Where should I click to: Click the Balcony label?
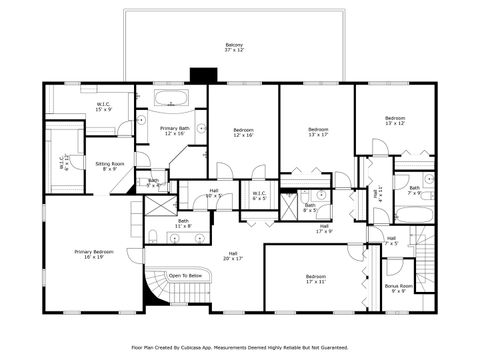tap(234, 47)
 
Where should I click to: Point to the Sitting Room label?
tap(110, 165)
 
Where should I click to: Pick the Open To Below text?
tap(186, 275)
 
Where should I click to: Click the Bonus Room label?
tap(397, 288)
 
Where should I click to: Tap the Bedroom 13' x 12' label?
tap(394, 121)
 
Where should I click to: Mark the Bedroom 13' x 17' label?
tap(318, 132)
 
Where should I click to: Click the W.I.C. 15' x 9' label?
tap(103, 107)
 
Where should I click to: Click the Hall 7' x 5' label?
tap(391, 241)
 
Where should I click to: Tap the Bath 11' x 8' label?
tap(183, 224)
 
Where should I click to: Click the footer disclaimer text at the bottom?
tap(239, 348)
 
